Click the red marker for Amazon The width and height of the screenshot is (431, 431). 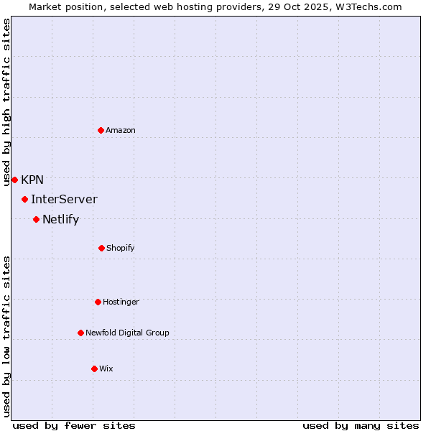coord(101,130)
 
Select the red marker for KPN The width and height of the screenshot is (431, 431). coord(14,180)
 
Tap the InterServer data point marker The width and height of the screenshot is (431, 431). coord(25,199)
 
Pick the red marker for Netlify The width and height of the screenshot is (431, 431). coord(36,219)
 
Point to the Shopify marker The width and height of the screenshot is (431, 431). coord(101,248)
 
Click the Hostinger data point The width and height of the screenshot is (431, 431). coord(98,302)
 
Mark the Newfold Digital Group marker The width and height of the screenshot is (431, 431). coord(80,333)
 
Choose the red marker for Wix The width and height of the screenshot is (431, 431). coord(94,369)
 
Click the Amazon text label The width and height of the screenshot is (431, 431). coord(121,130)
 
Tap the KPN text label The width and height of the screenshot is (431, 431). coord(32,180)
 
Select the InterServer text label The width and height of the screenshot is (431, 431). coord(64,199)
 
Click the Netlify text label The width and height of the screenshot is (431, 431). coord(60,219)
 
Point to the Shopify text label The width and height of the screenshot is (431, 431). coord(121,248)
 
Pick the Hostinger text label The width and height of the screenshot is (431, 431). coord(121,302)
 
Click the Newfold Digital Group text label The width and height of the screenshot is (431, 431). coord(127,333)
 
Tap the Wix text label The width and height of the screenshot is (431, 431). coord(106,369)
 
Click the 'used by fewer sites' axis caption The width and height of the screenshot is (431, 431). coord(74,425)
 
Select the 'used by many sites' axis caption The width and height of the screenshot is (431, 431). coord(361,425)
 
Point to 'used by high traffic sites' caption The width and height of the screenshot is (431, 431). coord(6,102)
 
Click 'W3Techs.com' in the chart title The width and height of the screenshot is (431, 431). coord(366,6)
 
